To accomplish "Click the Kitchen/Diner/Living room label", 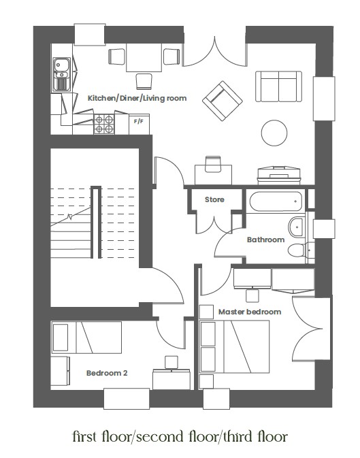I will (137, 99).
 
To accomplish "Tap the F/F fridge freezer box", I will (139, 122).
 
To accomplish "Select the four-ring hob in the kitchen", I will (104, 123).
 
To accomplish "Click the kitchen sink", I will (61, 71).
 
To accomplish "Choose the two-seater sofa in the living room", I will (278, 85).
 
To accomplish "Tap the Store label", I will (214, 199).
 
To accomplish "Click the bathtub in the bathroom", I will (276, 201).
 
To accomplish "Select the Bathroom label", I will (265, 240).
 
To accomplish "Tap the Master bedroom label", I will (250, 312).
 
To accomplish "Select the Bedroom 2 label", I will (107, 373).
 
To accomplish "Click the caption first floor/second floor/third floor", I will (180, 436).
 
